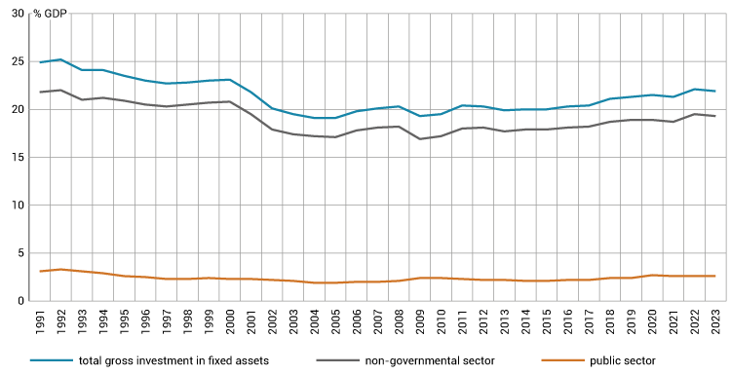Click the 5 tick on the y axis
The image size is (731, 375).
(x=19, y=252)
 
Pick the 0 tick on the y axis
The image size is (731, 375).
(x=19, y=300)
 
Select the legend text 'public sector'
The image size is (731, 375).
(x=623, y=361)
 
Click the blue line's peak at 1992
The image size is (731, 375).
(x=60, y=59)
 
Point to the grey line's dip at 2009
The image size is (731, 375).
(x=420, y=139)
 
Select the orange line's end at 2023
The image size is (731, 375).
(x=715, y=276)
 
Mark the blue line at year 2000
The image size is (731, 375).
(x=230, y=80)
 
